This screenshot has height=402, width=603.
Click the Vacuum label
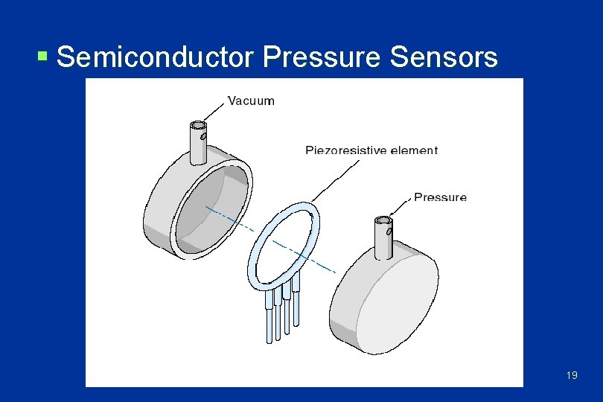tap(251, 100)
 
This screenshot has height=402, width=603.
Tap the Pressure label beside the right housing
tap(440, 197)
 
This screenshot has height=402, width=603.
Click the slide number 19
tap(571, 375)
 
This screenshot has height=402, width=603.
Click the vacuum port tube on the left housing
tap(199, 145)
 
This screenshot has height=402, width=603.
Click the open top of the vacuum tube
tap(199, 126)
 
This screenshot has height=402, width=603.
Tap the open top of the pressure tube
tap(384, 220)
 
